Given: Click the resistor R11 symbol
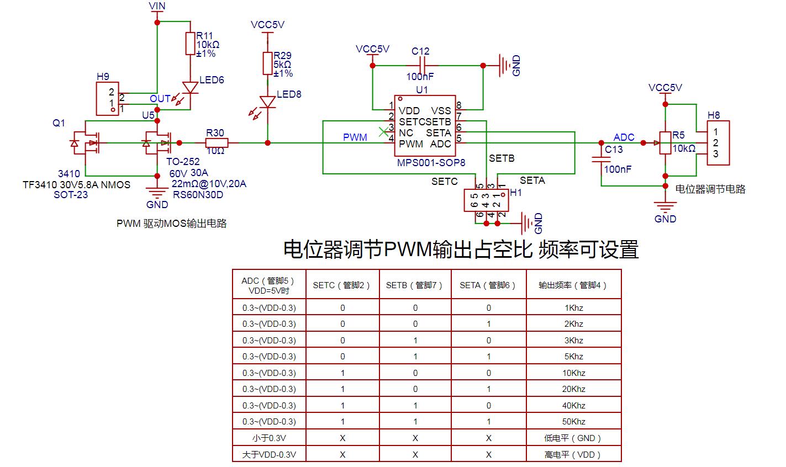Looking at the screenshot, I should pyautogui.click(x=190, y=44).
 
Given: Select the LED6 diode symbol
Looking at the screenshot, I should pyautogui.click(x=190, y=87).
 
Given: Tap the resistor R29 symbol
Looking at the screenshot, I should pyautogui.click(x=267, y=63).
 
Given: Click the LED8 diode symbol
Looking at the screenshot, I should pyautogui.click(x=267, y=102).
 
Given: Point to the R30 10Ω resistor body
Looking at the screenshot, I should pyautogui.click(x=215, y=143).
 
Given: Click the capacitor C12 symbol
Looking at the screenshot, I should pyautogui.click(x=420, y=65).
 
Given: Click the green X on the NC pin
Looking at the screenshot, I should pyautogui.click(x=383, y=132).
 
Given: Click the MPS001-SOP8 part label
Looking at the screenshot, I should pyautogui.click(x=431, y=163).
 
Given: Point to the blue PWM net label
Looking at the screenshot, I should pyautogui.click(x=355, y=137).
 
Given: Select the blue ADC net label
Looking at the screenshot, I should pyautogui.click(x=624, y=137).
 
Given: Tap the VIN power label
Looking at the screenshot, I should pyautogui.click(x=157, y=6).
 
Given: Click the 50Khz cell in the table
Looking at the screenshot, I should pyautogui.click(x=573, y=422).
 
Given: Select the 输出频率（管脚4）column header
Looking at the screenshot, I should pyautogui.click(x=573, y=285).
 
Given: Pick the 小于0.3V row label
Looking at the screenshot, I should pyautogui.click(x=269, y=438).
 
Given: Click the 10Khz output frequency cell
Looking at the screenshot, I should pyautogui.click(x=573, y=373).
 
